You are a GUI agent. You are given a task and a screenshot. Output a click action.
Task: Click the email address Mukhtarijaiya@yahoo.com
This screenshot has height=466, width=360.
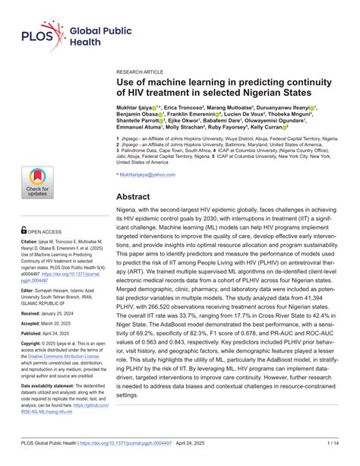click(x=147, y=174)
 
